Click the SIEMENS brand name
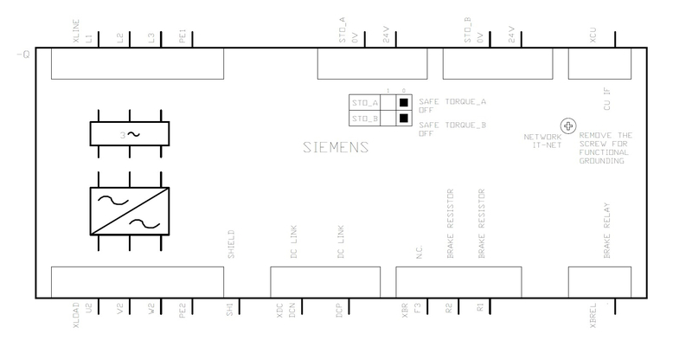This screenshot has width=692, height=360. tap(336, 147)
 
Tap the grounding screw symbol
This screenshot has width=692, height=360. tap(568, 126)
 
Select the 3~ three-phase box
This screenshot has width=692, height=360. tap(130, 134)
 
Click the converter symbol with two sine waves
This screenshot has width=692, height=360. tap(130, 209)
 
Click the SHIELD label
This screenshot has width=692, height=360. tap(230, 245)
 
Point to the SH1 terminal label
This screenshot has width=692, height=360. tap(230, 309)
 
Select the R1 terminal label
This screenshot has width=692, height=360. tap(480, 308)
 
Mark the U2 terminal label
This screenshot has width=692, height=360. tap(88, 308)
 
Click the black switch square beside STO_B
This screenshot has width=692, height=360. tap(404, 118)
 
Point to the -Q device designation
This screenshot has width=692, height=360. tap(23, 55)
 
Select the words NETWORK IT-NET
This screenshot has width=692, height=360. tap(542, 141)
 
